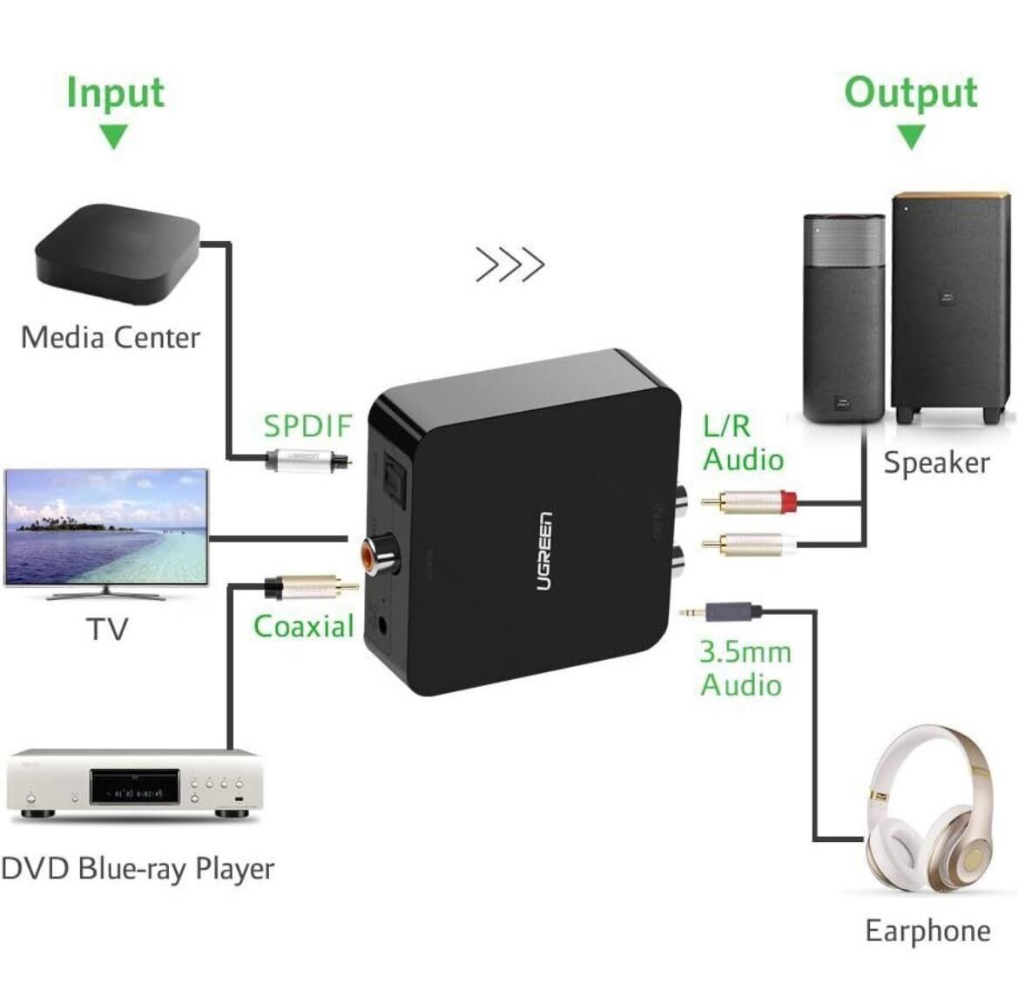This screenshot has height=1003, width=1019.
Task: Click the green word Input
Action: click(x=115, y=91)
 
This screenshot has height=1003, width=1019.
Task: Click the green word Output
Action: click(x=910, y=91)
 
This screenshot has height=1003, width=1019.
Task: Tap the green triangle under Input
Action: click(x=113, y=137)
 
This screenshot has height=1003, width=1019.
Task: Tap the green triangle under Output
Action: click(x=911, y=137)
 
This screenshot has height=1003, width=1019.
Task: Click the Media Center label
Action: click(x=111, y=337)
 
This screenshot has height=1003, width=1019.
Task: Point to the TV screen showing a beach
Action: click(x=106, y=528)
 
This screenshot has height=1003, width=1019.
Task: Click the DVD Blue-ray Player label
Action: click(x=138, y=868)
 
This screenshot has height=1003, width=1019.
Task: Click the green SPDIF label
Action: click(x=307, y=426)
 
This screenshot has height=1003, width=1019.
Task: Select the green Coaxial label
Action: click(x=303, y=626)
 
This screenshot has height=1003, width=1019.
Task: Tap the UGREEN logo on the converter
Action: click(x=543, y=552)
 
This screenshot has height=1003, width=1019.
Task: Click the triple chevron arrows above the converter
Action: click(x=509, y=265)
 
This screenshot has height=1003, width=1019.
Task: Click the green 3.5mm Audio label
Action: click(x=745, y=668)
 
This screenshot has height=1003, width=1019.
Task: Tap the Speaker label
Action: click(x=936, y=462)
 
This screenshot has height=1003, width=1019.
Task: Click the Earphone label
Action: click(x=928, y=931)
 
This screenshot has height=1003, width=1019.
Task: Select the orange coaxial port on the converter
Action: click(x=375, y=554)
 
